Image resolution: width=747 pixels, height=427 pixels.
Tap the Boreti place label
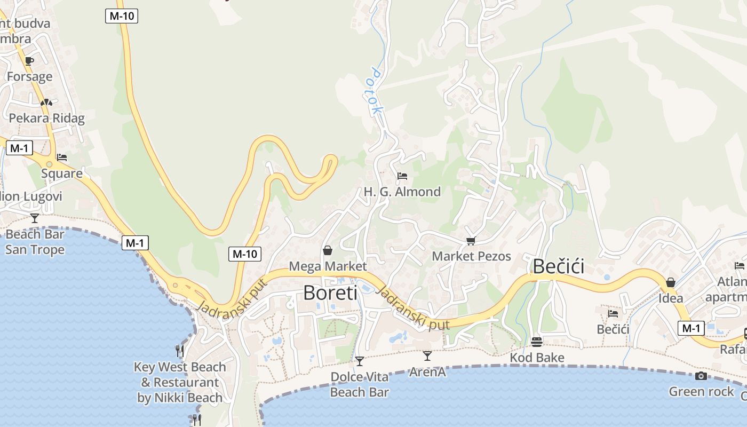pyautogui.click(x=330, y=292)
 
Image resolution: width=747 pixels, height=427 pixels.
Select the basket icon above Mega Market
pyautogui.click(x=328, y=250)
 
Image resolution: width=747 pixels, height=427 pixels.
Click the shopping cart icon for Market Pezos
pyautogui.click(x=471, y=241)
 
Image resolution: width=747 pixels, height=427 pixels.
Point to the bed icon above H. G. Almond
pyautogui.click(x=402, y=176)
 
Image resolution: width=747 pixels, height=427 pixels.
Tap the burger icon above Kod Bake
pyautogui.click(x=537, y=342)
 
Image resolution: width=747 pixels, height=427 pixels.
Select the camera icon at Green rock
pyautogui.click(x=701, y=376)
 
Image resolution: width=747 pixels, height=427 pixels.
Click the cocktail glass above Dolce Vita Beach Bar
pyautogui.click(x=360, y=361)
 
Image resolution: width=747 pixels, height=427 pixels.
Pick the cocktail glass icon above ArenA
pyautogui.click(x=427, y=355)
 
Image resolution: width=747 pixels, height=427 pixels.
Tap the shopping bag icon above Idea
pyautogui.click(x=671, y=282)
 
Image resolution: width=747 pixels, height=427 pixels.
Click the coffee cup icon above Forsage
pyautogui.click(x=29, y=61)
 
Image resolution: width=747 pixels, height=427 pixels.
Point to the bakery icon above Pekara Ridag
pyautogui.click(x=46, y=102)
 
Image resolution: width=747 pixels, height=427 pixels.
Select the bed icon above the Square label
pyautogui.click(x=62, y=157)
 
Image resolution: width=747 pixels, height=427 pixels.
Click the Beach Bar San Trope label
pyautogui.click(x=35, y=242)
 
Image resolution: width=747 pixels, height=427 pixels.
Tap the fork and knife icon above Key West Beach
pyautogui.click(x=180, y=351)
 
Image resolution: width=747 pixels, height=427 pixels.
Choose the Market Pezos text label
pyautogui.click(x=471, y=256)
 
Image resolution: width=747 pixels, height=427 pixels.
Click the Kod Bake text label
pyautogui.click(x=537, y=358)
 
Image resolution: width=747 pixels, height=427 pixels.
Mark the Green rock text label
pyautogui.click(x=701, y=392)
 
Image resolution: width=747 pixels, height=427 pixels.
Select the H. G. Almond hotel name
pyautogui.click(x=402, y=192)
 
